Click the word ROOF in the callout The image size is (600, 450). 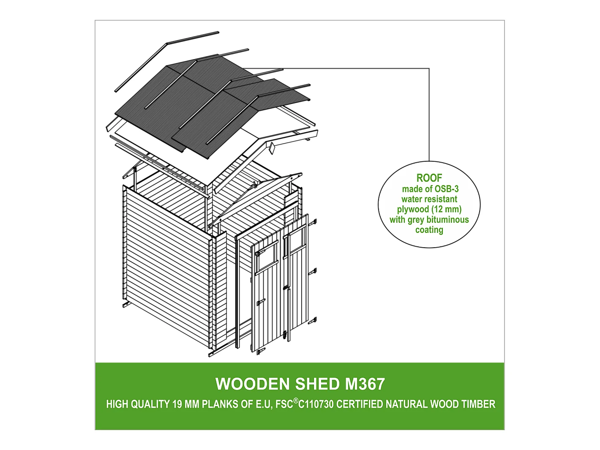tap(429, 178)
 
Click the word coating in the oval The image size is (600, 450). tap(429, 230)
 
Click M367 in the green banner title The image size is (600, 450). tap(365, 384)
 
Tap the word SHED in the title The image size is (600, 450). tap(317, 384)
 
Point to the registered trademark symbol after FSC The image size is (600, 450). tap(295, 401)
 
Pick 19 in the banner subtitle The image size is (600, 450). tap(177, 404)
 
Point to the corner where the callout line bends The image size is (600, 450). tap(429, 68)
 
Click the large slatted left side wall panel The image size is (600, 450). tap(167, 267)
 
